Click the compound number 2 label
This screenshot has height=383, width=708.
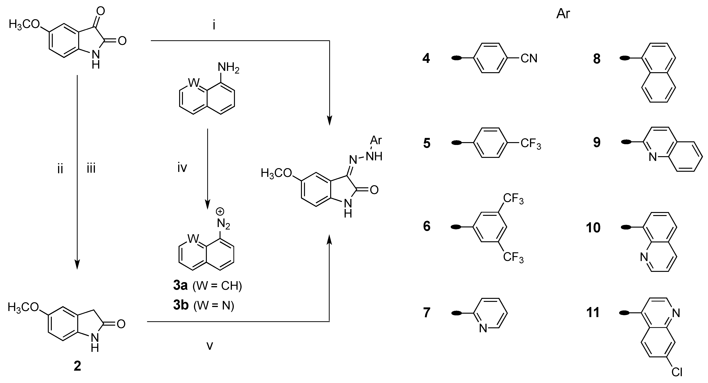[77, 366]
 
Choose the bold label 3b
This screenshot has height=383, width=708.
[181, 306]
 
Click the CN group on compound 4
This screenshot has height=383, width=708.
[529, 58]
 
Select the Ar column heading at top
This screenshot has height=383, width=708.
[563, 14]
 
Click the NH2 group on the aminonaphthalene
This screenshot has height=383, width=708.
[228, 68]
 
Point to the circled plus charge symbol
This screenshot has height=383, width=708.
[220, 212]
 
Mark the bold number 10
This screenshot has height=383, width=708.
[593, 228]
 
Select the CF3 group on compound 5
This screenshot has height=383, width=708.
[530, 144]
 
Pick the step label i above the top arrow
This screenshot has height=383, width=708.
[214, 25]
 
